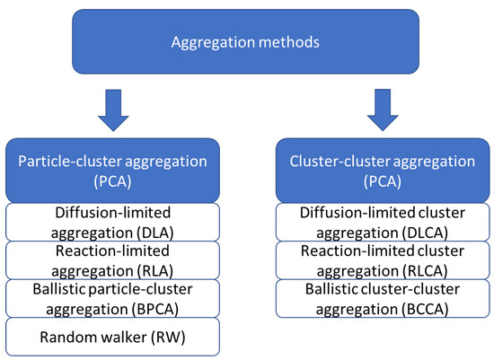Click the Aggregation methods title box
coord(245,41)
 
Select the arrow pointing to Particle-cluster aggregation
coord(113,110)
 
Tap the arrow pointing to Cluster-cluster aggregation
coord(383,110)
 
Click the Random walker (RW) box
coord(112,337)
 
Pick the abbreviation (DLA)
coord(155,233)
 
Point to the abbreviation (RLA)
coord(155,271)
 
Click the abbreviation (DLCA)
coord(425,233)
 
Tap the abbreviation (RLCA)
coord(425,271)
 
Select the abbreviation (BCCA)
coord(425,310)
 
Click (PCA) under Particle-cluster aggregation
coord(112,181)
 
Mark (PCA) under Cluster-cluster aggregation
coord(383,181)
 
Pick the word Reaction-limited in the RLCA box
coord(359,251)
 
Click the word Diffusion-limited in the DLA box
coord(113,213)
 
